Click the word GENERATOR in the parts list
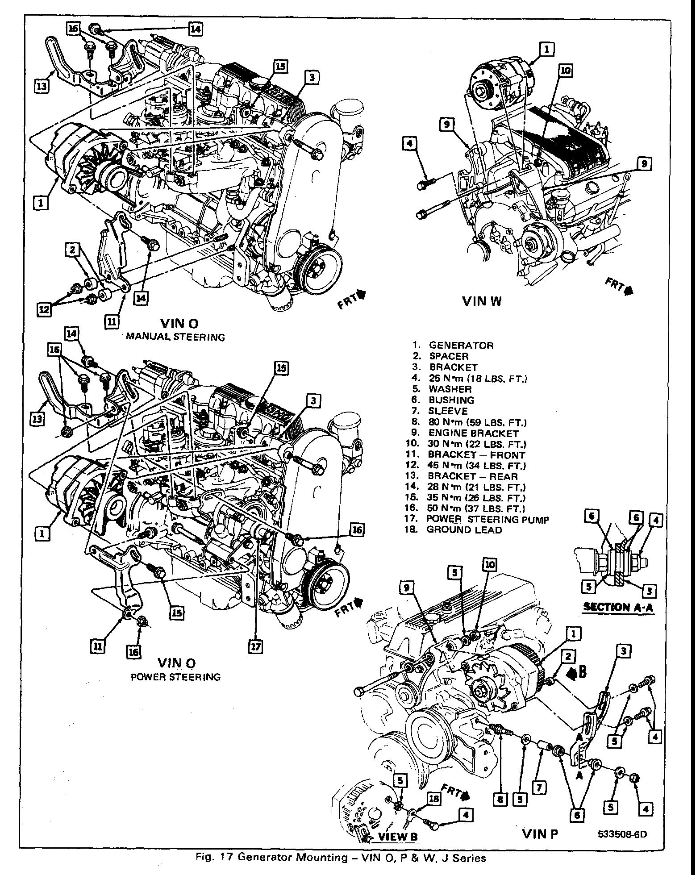461,346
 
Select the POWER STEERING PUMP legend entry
487,519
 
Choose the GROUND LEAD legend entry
464,530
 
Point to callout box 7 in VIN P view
539,788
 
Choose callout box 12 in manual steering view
44,310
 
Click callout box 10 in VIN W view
565,70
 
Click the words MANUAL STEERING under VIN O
175,337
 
